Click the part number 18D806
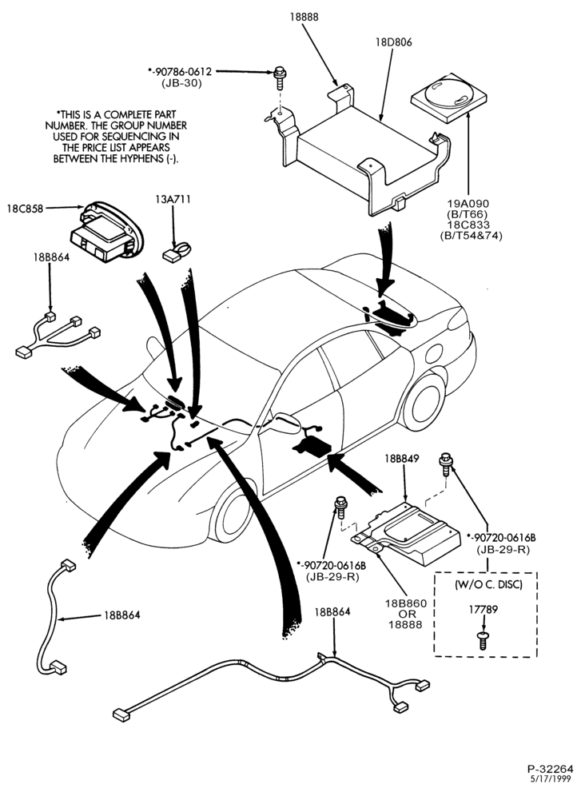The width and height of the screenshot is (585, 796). (393, 42)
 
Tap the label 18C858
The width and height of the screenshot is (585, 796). (25, 208)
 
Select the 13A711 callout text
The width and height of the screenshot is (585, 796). (173, 199)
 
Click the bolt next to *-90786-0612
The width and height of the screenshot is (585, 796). (279, 78)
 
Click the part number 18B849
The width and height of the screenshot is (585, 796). (402, 459)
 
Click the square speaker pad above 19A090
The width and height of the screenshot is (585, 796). (448, 99)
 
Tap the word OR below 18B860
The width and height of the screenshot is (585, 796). (405, 615)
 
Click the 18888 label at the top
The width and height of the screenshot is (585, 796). (304, 17)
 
